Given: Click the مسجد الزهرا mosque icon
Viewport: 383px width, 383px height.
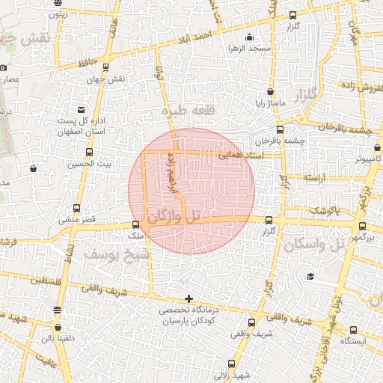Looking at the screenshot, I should click(249, 37).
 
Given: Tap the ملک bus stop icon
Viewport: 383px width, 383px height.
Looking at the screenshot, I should click(135, 224).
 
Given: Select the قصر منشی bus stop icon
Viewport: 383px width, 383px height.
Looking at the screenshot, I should click(76, 209).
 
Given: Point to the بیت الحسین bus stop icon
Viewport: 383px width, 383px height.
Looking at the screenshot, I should click(90, 153).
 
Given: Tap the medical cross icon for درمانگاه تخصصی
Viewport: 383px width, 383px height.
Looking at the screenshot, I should click(189, 298).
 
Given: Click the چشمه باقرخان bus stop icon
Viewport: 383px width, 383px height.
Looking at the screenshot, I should click(280, 129).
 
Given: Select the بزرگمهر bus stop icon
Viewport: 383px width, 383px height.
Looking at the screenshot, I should click(363, 226).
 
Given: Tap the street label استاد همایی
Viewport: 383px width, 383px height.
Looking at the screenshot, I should click(236, 156).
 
